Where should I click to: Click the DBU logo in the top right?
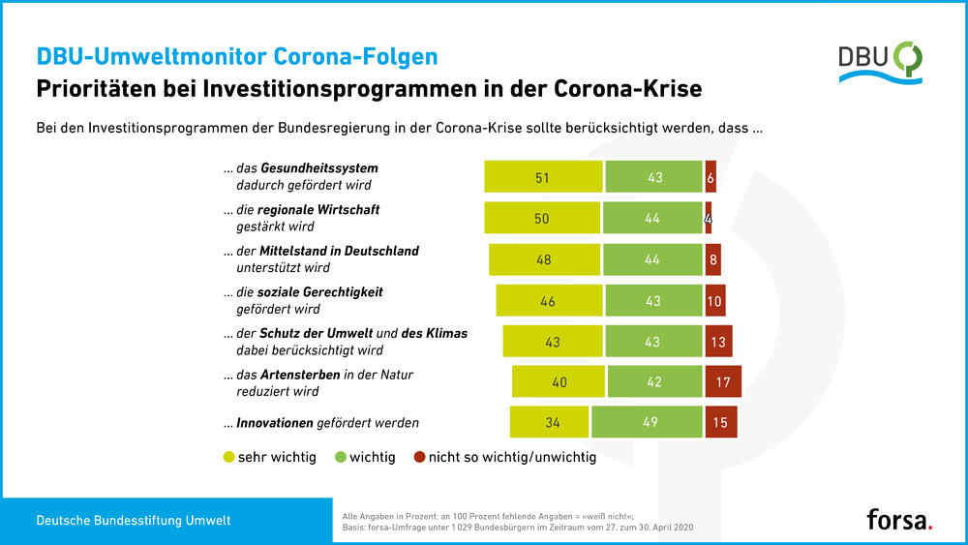tap(880, 62)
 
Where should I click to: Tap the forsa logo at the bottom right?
tap(899, 520)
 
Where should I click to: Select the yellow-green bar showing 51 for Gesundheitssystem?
tap(542, 177)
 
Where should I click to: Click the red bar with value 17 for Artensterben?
tap(723, 381)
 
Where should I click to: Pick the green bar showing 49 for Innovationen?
tap(647, 421)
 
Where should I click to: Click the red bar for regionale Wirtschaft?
tap(709, 218)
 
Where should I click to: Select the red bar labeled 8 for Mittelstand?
tap(712, 259)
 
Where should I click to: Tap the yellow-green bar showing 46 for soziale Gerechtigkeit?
tap(549, 300)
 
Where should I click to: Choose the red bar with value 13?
tap(718, 341)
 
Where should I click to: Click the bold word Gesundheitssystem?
tap(318, 168)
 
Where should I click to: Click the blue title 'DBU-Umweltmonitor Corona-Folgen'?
tap(236, 56)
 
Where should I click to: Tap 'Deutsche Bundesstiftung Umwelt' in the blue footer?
tap(134, 521)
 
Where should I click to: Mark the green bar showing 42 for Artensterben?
tap(654, 381)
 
